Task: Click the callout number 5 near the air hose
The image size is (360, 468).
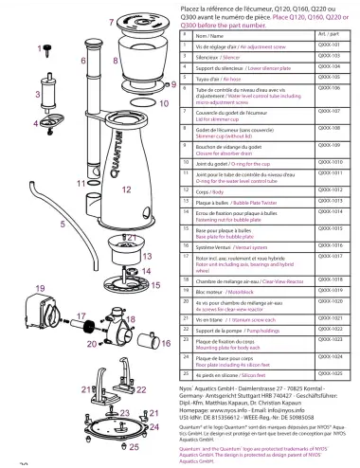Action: pos(36,224)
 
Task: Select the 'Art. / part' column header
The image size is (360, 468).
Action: pos(329,32)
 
